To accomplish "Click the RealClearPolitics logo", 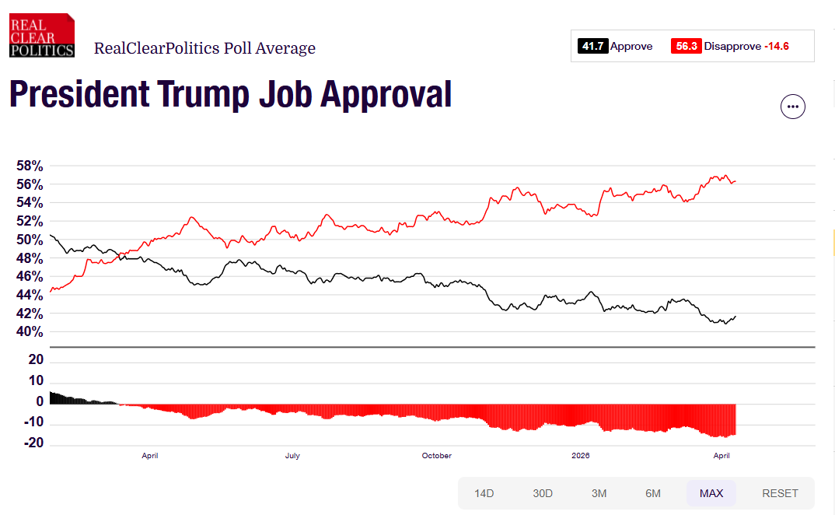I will click(42, 35).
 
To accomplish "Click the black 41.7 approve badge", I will click(592, 47).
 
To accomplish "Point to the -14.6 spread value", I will click(776, 47).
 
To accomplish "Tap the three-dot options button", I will click(793, 107).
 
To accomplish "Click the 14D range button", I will click(484, 493).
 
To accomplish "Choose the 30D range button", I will click(543, 493).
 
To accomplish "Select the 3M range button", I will click(599, 493).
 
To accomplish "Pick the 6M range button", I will click(653, 493).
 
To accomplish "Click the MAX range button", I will click(711, 493).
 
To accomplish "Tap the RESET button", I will click(780, 493).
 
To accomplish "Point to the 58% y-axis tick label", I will click(30, 166).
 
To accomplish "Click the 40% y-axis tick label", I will click(30, 332).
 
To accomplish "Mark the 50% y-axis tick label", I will click(30, 240).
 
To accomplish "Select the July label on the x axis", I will click(292, 456).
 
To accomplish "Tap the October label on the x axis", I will click(436, 456).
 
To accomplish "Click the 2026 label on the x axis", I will click(580, 456).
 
